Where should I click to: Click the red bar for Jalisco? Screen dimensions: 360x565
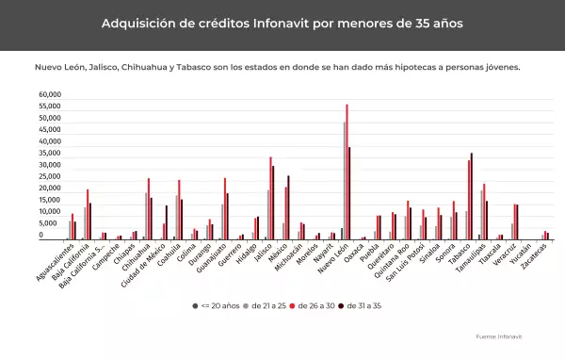pyautogui.click(x=270, y=199)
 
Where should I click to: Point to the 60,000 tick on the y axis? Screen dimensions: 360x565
pyautogui.click(x=50, y=95)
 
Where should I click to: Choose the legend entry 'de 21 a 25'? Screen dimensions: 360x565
pyautogui.click(x=266, y=306)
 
